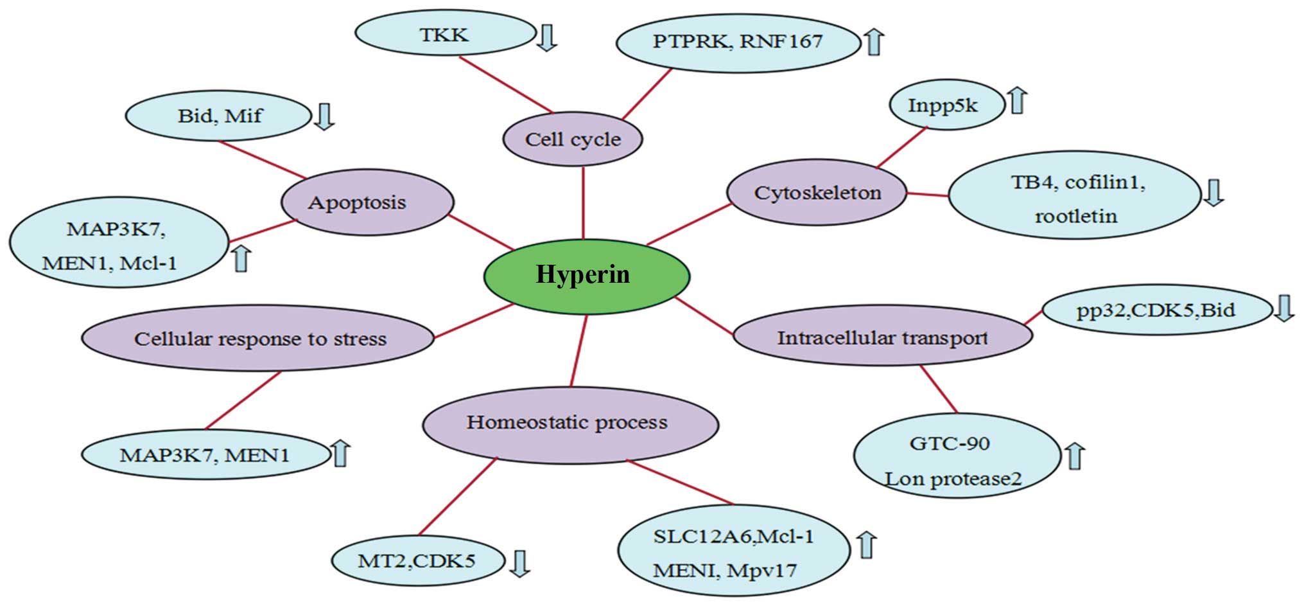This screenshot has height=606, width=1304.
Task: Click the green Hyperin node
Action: pyautogui.click(x=586, y=275)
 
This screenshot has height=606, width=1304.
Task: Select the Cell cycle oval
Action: pyautogui.click(x=573, y=139)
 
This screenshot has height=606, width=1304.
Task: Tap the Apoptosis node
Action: pyautogui.click(x=367, y=202)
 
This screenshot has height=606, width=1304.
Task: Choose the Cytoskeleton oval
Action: pyautogui.click(x=817, y=193)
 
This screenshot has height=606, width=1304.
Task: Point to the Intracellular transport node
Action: pyautogui.click(x=882, y=337)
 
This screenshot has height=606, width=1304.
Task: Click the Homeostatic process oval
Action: pyautogui.click(x=569, y=423)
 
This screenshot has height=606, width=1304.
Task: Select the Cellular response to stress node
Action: pyautogui.click(x=259, y=339)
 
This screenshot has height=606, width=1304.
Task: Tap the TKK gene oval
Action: pyautogui.click(x=444, y=35)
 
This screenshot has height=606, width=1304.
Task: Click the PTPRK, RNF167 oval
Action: pyautogui.click(x=737, y=42)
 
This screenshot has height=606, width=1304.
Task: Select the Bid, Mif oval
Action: pyautogui.click(x=220, y=116)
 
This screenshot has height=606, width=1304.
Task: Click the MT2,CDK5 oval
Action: pyautogui.click(x=417, y=560)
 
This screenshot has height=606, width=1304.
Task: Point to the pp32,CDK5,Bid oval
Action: pyautogui.click(x=1156, y=310)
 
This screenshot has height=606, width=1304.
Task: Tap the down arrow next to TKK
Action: pyautogui.click(x=546, y=37)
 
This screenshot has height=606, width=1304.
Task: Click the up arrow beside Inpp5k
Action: pyautogui.click(x=1018, y=101)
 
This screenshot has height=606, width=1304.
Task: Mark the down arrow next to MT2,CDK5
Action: pyautogui.click(x=519, y=564)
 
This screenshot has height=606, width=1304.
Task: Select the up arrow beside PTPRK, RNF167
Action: pyautogui.click(x=873, y=42)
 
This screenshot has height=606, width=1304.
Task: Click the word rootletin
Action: pyautogui.click(x=1075, y=216)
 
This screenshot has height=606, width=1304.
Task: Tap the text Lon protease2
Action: pyautogui.click(x=953, y=479)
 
